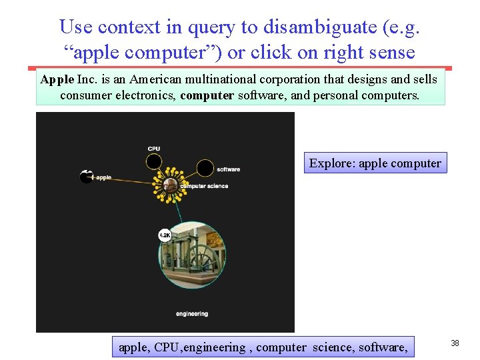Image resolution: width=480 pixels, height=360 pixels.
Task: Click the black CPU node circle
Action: [154, 161]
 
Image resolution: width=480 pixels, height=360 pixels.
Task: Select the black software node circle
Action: [205, 168]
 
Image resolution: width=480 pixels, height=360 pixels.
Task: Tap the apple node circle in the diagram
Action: [86, 177]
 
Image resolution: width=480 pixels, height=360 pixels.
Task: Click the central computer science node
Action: [172, 185]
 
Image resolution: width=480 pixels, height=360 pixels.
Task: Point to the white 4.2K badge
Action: [165, 235]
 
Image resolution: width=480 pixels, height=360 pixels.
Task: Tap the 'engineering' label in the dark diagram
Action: [192, 313]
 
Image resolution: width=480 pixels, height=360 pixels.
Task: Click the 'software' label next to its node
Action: [228, 169]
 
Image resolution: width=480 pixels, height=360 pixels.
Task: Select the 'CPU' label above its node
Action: [154, 148]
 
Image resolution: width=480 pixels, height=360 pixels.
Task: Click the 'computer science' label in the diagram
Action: [205, 186]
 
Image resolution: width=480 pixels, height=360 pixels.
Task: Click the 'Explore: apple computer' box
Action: [375, 163]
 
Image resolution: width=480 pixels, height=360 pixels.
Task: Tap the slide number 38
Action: [455, 343]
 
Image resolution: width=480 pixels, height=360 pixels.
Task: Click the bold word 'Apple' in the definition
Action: [57, 79]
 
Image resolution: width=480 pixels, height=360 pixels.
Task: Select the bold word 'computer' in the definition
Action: [207, 95]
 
